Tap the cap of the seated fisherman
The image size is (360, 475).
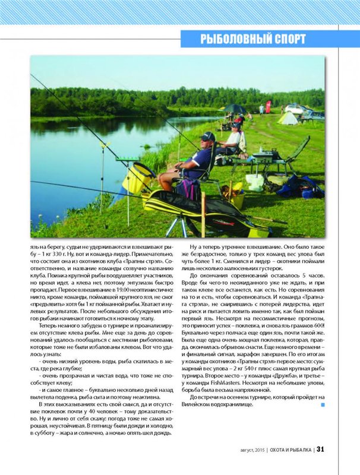point(207,137)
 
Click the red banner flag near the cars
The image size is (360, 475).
point(268,106)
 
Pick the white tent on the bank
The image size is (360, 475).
point(289,118)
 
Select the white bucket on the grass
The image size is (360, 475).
point(255,182)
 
